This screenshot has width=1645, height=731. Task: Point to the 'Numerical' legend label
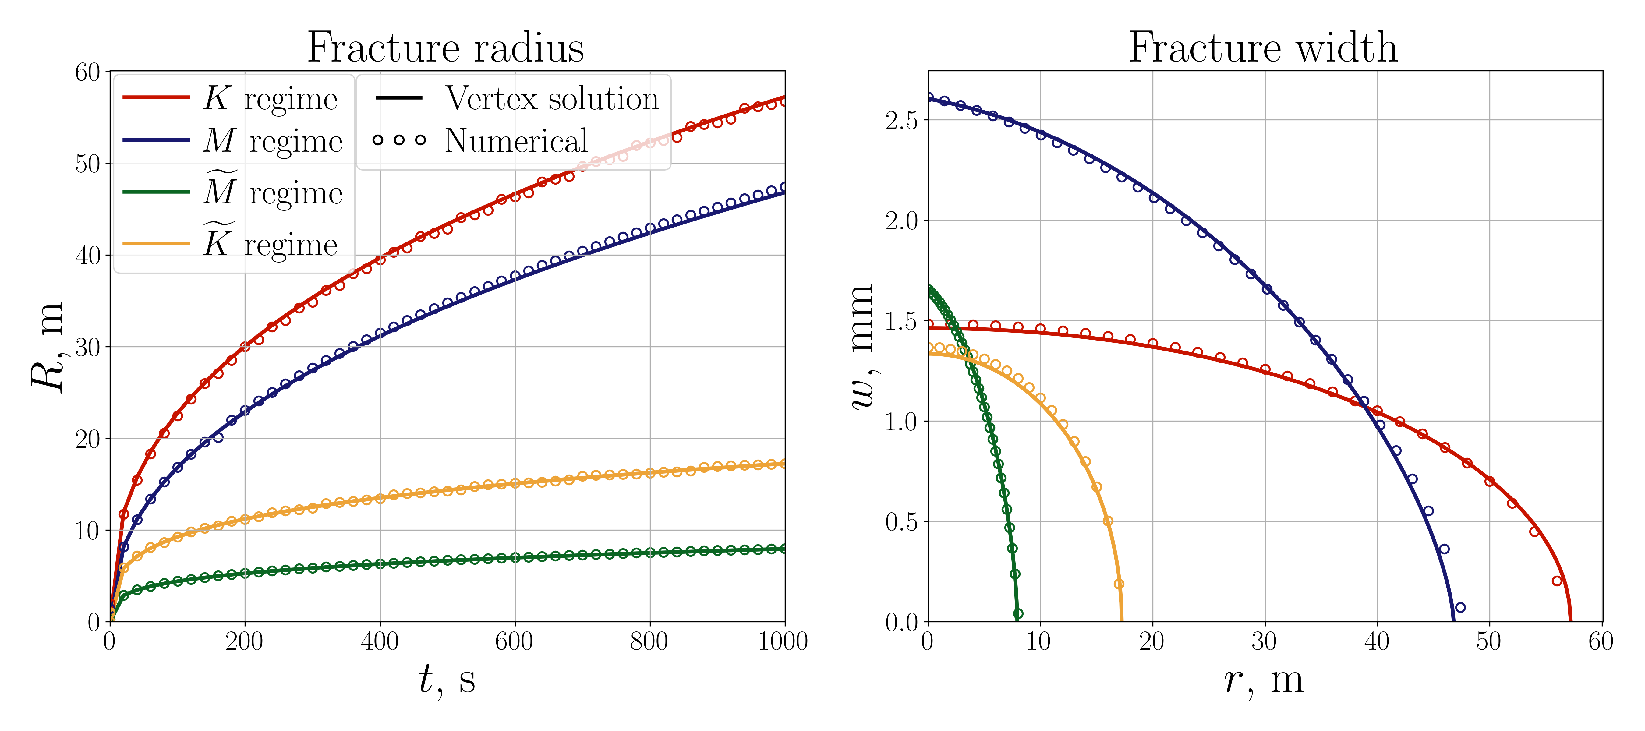pyautogui.click(x=516, y=141)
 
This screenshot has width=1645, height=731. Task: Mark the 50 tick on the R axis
pyautogui.click(x=88, y=164)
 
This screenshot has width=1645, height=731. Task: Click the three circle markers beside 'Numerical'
pyautogui.click(x=399, y=140)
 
